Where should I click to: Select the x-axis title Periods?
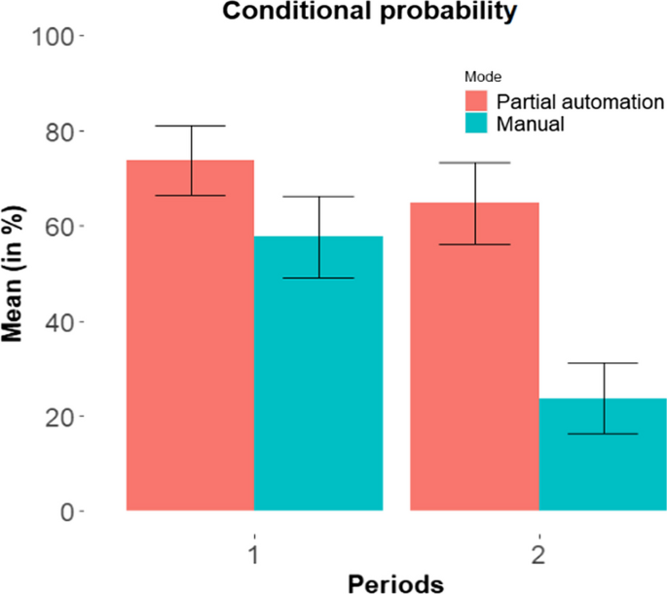pos(396,581)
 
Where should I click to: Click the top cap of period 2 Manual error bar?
pos(603,363)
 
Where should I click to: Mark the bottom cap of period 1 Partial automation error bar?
pos(191,196)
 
